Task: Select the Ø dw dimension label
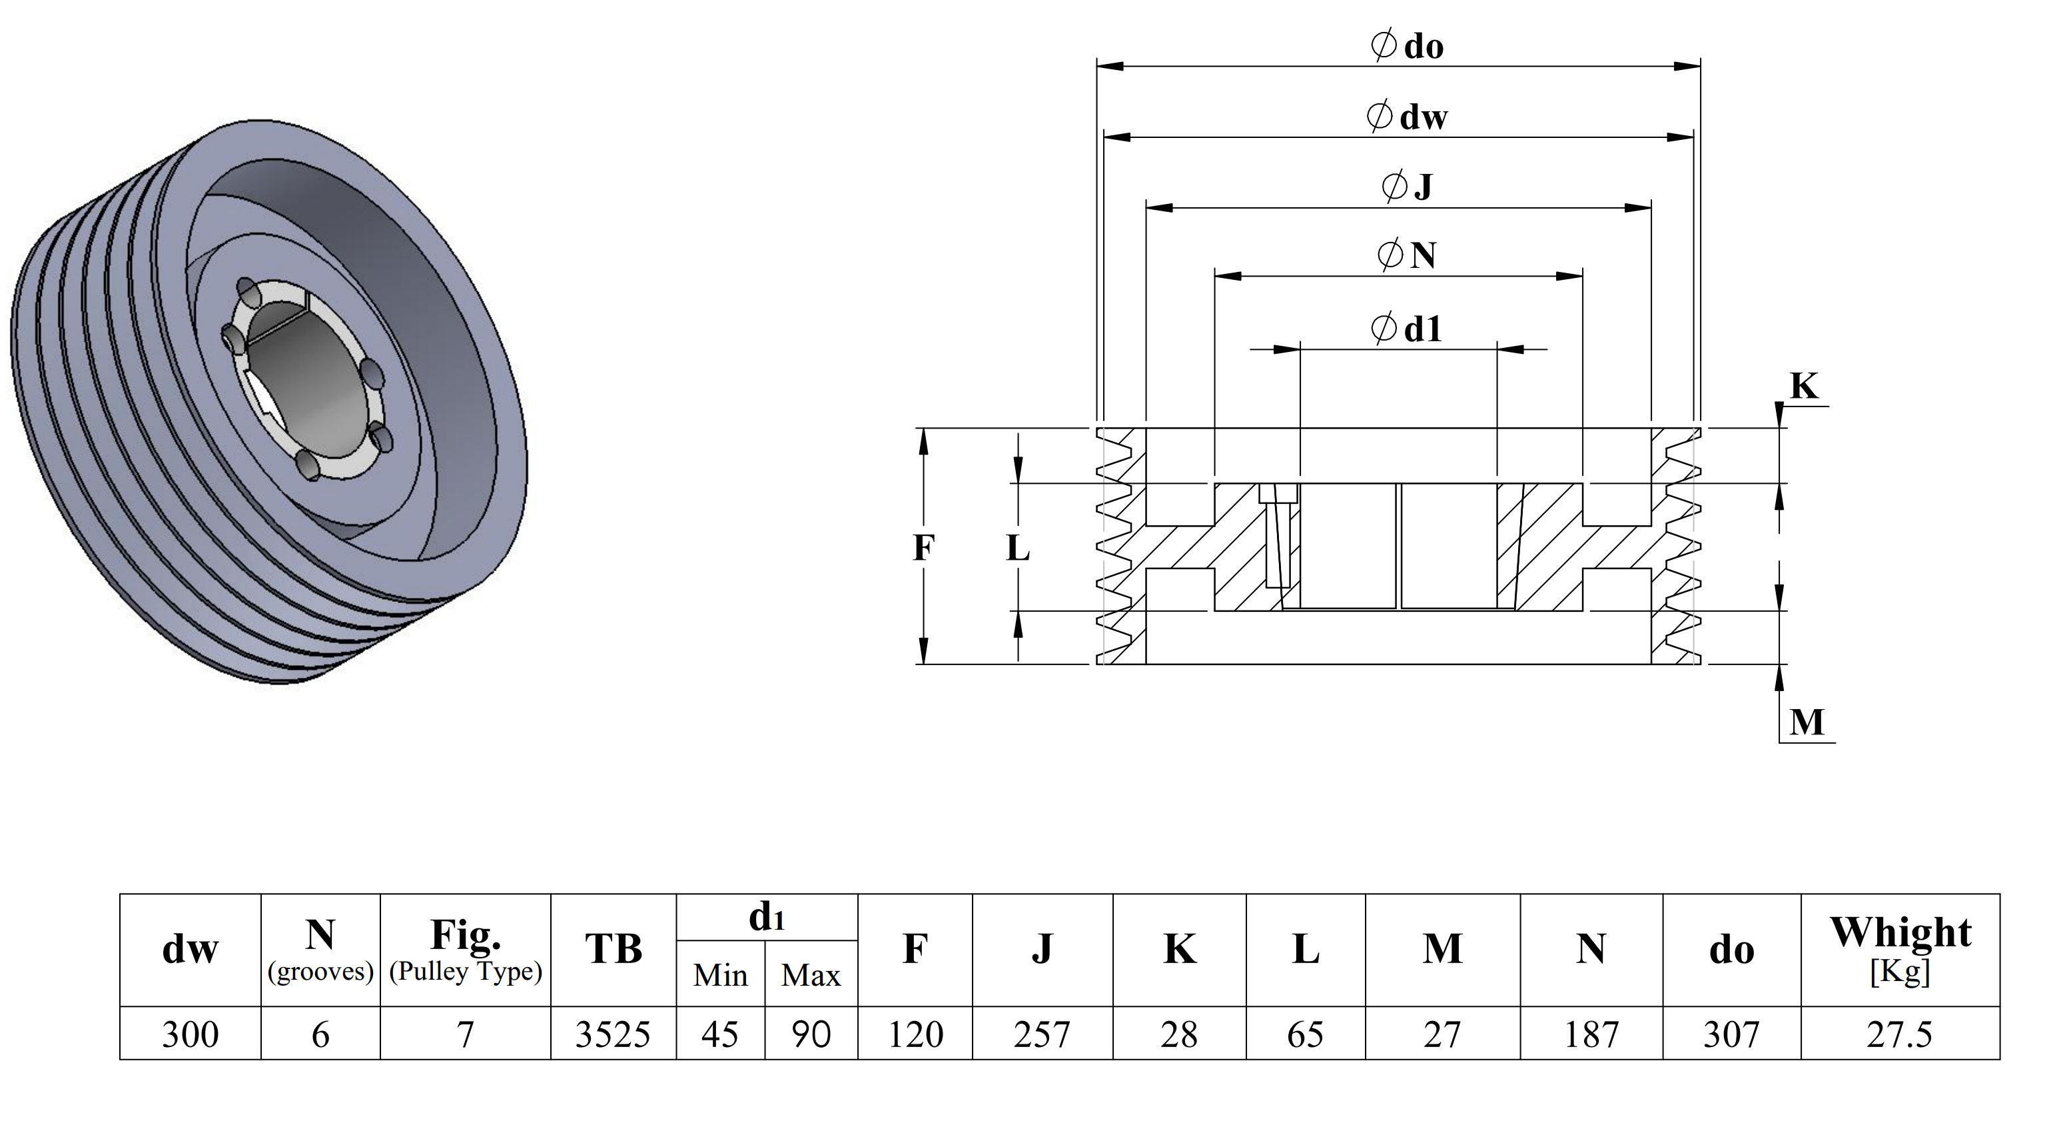pos(1407,116)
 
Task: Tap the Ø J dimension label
pos(1407,186)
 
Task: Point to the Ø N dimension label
pos(1407,255)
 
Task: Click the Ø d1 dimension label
pos(1407,328)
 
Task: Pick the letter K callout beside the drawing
pos(1804,386)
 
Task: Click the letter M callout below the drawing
pos(1807,722)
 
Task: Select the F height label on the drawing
pos(923,548)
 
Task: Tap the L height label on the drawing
pos(1017,548)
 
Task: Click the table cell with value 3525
pos(614,1034)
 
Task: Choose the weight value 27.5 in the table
pos(1899,1034)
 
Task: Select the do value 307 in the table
pos(1731,1034)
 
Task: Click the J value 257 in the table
pos(1041,1034)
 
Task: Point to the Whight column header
pos(1900,932)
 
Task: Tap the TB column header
pos(614,948)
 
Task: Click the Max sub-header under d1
pos(811,975)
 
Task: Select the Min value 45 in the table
pos(720,1034)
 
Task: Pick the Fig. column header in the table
pos(466,933)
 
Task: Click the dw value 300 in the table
pos(190,1034)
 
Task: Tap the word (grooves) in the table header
pos(320,972)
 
